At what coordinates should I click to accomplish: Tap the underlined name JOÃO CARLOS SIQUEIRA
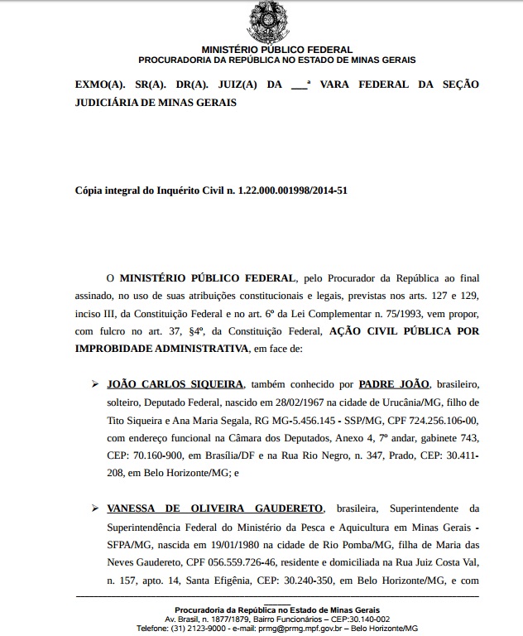(x=175, y=384)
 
